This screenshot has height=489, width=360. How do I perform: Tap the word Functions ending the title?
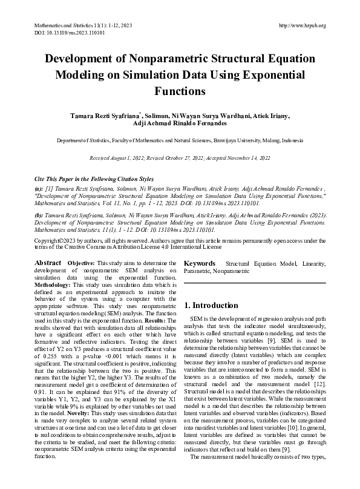pyautogui.click(x=180, y=91)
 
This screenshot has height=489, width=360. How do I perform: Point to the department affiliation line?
pyautogui.click(x=180, y=140)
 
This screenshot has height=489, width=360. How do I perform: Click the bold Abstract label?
pyautogui.click(x=48, y=263)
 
